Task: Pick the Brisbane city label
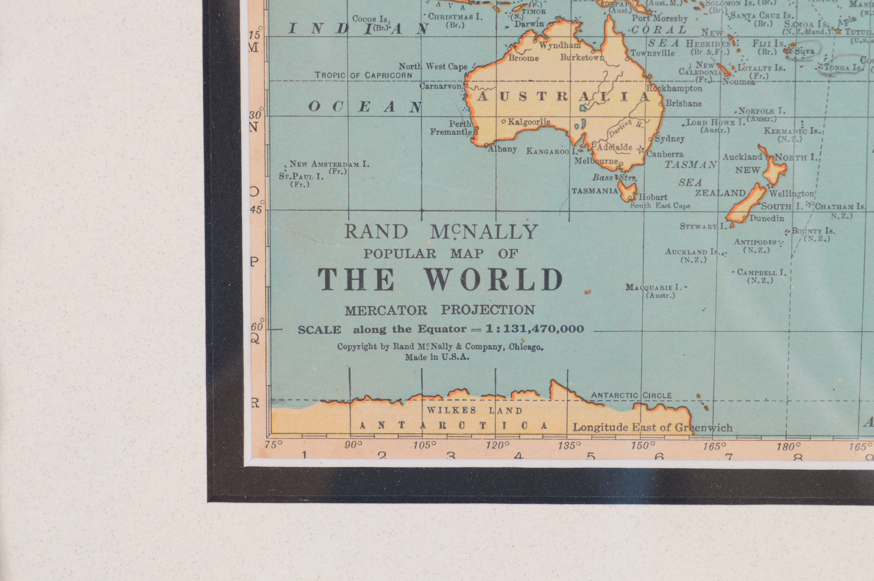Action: (684, 103)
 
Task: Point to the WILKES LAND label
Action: (475, 411)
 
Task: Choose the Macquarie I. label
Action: (654, 288)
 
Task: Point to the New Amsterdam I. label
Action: (329, 164)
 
